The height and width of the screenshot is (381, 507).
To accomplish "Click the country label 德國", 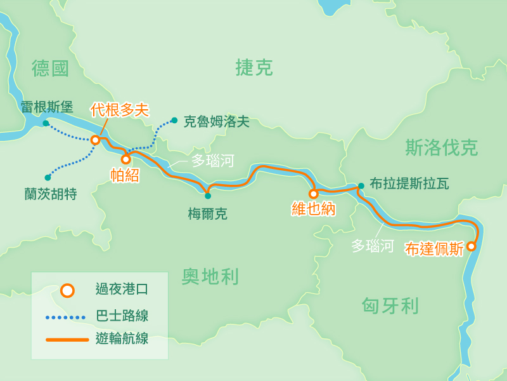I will coord(50,69).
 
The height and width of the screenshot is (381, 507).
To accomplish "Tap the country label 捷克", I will coord(253,67).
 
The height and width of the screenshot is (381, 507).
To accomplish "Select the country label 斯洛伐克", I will coord(441,148).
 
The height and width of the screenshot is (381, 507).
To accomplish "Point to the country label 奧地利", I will coord(210,276).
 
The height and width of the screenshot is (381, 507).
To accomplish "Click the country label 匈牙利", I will coord(390,306).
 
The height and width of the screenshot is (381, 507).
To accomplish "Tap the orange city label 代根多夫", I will coord(119,110).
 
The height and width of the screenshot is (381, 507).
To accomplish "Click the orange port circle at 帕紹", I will coord(125,159).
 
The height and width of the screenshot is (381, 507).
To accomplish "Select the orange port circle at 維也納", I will coord(313,194).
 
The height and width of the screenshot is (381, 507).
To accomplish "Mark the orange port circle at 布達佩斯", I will coord(471,246).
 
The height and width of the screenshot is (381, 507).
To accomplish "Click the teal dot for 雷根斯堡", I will coord(46,123).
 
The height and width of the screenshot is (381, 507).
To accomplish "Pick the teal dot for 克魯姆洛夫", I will coord(174,120).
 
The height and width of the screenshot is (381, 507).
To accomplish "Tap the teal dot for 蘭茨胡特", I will coord(48,177).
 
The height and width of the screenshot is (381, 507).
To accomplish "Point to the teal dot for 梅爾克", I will coord(208,196).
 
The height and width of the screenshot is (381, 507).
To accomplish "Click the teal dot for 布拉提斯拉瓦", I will coord(361,186).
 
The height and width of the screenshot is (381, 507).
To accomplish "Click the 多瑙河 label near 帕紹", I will coord(212,161).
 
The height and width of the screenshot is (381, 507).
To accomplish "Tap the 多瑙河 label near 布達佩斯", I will coord(372,246).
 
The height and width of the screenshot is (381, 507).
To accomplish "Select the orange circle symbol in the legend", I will coord(67,290).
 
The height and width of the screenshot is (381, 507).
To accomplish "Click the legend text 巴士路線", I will coord(122,316).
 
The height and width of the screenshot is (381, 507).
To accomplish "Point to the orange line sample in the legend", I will coord(67,340).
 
